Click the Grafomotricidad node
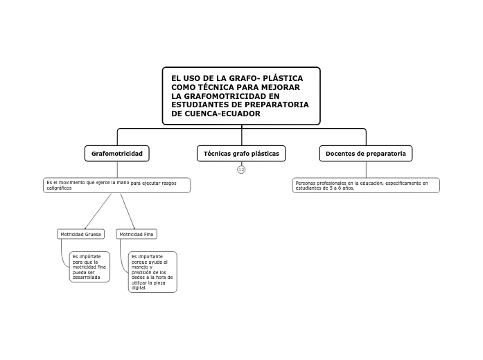(116, 153)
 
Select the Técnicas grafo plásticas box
(241, 153)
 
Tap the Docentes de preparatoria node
(365, 153)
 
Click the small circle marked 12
(241, 170)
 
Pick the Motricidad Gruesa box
(80, 234)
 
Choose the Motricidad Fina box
(137, 234)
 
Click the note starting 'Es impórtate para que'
(89, 267)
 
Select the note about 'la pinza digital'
(152, 271)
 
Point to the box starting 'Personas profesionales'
(365, 185)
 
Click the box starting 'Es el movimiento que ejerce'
(116, 185)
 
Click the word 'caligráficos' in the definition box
(59, 188)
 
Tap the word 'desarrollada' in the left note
(87, 277)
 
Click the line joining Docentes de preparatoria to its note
(366, 170)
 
